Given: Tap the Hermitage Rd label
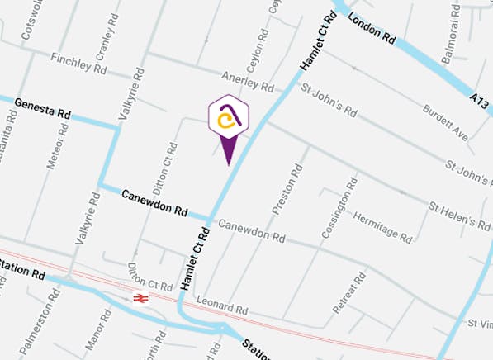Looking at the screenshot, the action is pyautogui.click(x=382, y=223).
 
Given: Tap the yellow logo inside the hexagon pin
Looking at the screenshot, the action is pyautogui.click(x=228, y=121).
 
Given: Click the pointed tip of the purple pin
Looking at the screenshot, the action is pyautogui.click(x=228, y=164).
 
